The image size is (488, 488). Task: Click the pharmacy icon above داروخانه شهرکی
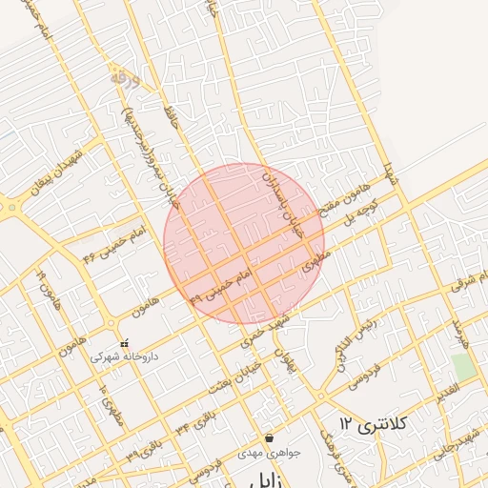tap(123, 343)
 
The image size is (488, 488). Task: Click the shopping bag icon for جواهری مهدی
tap(269, 438)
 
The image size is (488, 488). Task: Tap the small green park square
tap(463, 366)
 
